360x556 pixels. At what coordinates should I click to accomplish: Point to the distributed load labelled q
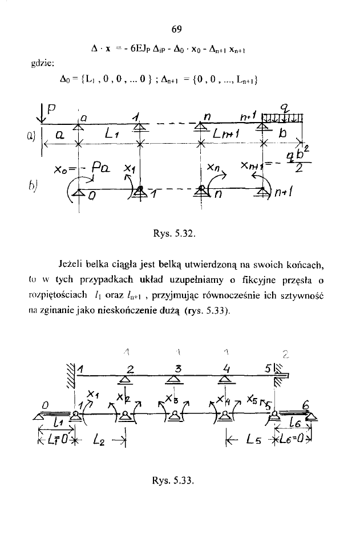(282, 118)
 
